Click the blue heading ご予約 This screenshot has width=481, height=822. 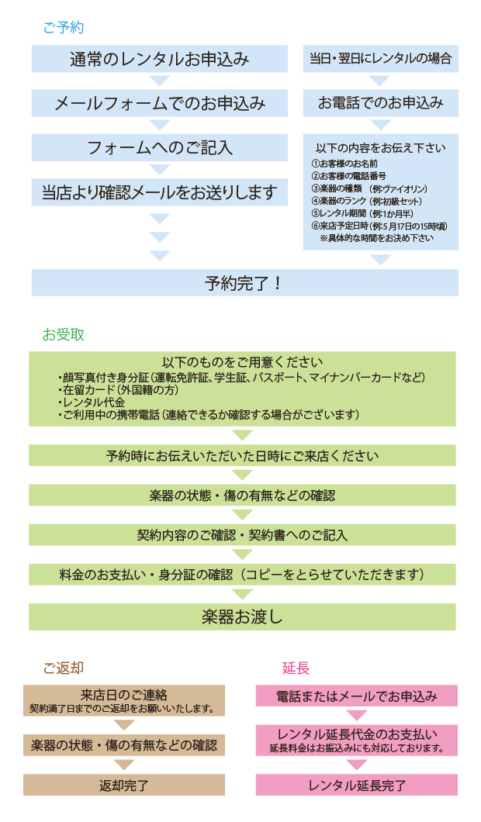pyautogui.click(x=64, y=28)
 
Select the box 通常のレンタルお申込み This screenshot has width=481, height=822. pyautogui.click(x=159, y=59)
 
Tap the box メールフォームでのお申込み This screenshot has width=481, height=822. pyautogui.click(x=159, y=103)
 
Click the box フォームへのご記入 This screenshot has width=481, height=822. pyautogui.click(x=159, y=147)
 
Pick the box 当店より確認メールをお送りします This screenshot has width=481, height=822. pyautogui.click(x=159, y=192)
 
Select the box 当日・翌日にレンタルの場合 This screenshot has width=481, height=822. pyautogui.click(x=380, y=59)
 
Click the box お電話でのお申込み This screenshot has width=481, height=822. pyautogui.click(x=380, y=103)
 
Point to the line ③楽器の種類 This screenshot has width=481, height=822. pyautogui.click(x=369, y=188)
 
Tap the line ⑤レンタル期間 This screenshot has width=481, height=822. pyautogui.click(x=362, y=213)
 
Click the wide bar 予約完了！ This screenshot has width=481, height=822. pyautogui.click(x=244, y=283)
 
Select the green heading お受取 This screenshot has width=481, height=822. pyautogui.click(x=64, y=335)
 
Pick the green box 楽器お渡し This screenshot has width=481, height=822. pyautogui.click(x=242, y=617)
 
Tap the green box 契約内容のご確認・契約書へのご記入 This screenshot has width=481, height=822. pyautogui.click(x=242, y=535)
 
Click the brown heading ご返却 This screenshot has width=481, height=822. pyautogui.click(x=64, y=668)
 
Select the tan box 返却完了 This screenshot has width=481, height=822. pyautogui.click(x=124, y=785)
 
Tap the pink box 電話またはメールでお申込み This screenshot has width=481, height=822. pyautogui.click(x=357, y=696)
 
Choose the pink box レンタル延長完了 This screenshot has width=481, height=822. pyautogui.click(x=357, y=785)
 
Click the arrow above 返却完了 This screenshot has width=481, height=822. pyautogui.click(x=124, y=765)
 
